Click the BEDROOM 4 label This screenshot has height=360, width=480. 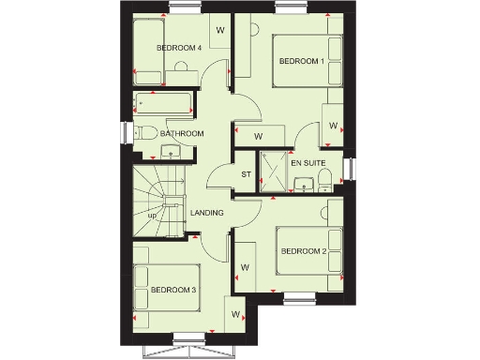coord(179,48)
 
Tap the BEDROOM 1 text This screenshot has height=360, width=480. coord(302,62)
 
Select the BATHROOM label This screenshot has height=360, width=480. coord(181,134)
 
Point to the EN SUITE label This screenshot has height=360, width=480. coord(308,163)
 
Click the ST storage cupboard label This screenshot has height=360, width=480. coord(247,174)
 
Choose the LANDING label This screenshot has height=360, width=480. coord(206,213)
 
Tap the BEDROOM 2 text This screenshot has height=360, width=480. coord(304,250)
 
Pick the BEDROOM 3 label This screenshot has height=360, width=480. coord(173,291)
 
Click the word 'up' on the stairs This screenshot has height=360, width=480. coord(152,215)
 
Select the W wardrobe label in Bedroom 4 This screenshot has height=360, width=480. coord(220,30)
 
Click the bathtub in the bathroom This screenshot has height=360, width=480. coord(164,103)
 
